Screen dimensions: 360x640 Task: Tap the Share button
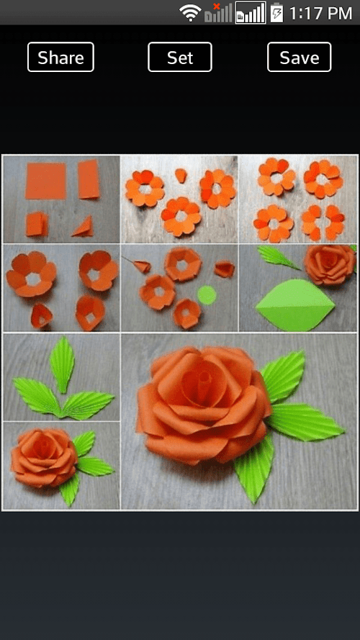point(60,57)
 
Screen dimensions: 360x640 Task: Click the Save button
point(300,57)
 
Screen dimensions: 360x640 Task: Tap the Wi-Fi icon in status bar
point(190,13)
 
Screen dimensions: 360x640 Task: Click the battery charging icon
point(276,13)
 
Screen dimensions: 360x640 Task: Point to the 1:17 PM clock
point(321,13)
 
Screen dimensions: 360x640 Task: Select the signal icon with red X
point(218,13)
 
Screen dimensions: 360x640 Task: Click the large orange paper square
point(45,181)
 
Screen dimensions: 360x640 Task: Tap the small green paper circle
point(207,295)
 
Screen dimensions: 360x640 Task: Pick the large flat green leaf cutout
point(294,305)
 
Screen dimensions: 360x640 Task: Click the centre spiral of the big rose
point(201,382)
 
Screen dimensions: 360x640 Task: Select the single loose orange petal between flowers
point(181,176)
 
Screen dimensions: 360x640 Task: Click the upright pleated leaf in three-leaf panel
point(62,364)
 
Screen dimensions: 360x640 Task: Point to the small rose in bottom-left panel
point(44,457)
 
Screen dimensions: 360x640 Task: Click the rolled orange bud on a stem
point(141,266)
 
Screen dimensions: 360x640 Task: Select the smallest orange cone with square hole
point(42,316)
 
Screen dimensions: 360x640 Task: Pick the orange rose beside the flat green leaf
point(330,264)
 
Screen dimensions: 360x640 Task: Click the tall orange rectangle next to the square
point(89,179)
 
